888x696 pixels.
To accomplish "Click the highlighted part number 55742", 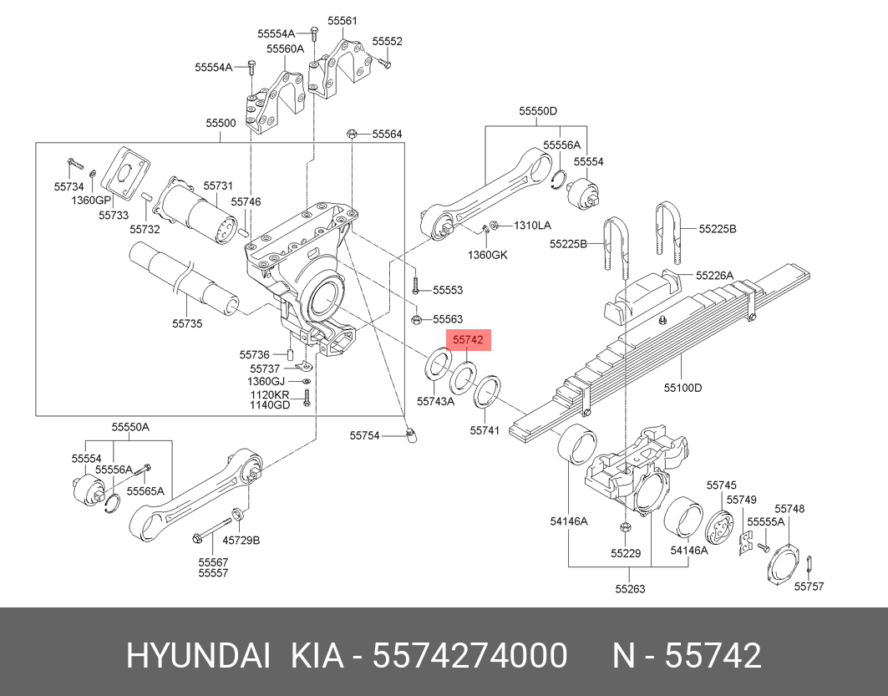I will click(x=468, y=341).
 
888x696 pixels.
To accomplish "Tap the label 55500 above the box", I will click(x=221, y=123).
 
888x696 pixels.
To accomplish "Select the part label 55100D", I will click(x=682, y=388).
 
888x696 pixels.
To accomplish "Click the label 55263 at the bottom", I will click(x=630, y=588).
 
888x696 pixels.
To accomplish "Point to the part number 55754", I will click(x=364, y=435).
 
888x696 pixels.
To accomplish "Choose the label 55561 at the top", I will click(x=342, y=20).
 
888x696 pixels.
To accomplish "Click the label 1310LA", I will click(x=532, y=225).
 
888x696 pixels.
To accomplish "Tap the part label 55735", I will click(x=187, y=323).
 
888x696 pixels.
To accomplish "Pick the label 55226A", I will click(x=715, y=275).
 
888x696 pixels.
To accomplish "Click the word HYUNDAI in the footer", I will click(x=197, y=656).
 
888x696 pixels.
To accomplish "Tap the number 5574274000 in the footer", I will click(x=470, y=656).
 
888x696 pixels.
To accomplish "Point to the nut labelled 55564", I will click(x=353, y=134).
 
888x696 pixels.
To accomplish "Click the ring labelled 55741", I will click(x=487, y=391).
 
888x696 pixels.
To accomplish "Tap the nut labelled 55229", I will click(x=625, y=526).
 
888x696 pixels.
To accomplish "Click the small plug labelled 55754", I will click(x=410, y=435).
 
